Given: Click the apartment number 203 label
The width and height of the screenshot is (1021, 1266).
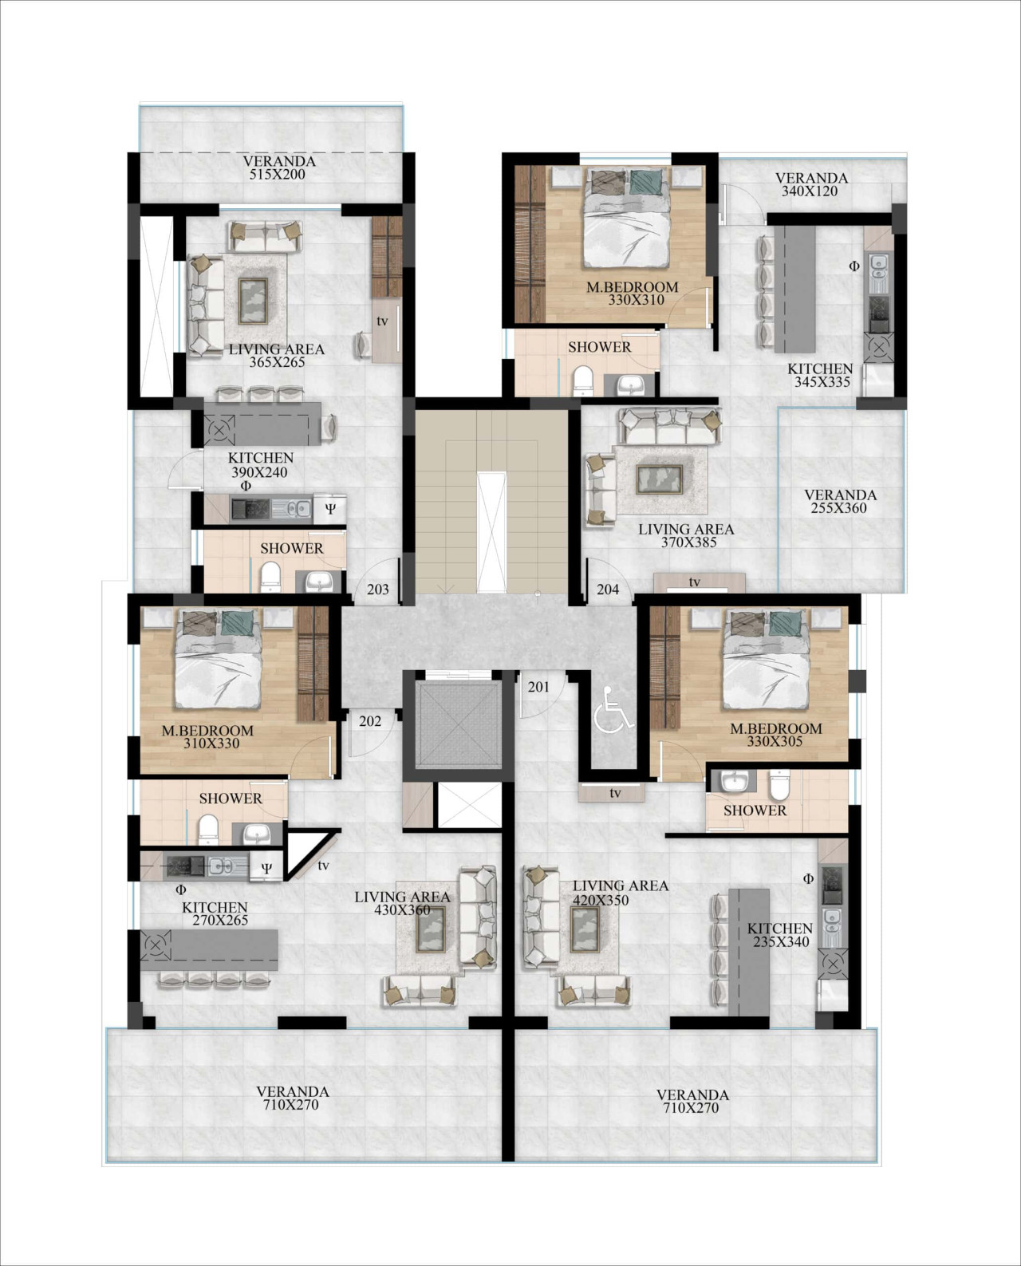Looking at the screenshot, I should (377, 590).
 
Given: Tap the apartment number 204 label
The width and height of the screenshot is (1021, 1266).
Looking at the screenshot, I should (608, 590).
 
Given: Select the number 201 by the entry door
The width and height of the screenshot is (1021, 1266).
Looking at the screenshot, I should (539, 687).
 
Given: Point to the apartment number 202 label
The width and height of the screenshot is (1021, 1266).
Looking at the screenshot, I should (370, 721).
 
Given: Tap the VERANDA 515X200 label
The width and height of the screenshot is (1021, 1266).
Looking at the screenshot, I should (279, 168).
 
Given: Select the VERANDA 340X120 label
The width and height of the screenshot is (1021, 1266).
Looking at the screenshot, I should (811, 184).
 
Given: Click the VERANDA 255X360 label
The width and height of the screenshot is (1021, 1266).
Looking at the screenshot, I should (840, 501).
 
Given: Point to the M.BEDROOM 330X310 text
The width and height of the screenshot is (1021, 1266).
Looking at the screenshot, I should (632, 294).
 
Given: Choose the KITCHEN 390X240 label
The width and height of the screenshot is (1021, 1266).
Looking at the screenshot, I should (260, 465).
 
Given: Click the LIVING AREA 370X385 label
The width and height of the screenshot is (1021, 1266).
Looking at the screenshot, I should (686, 535).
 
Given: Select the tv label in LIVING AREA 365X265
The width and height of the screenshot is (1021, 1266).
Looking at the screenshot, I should (382, 321).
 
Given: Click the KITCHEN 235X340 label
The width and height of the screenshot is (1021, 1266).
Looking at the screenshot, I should (780, 935).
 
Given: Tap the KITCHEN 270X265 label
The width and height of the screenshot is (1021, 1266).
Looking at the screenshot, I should (215, 913).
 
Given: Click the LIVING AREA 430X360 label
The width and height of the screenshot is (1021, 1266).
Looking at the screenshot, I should (402, 903).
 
